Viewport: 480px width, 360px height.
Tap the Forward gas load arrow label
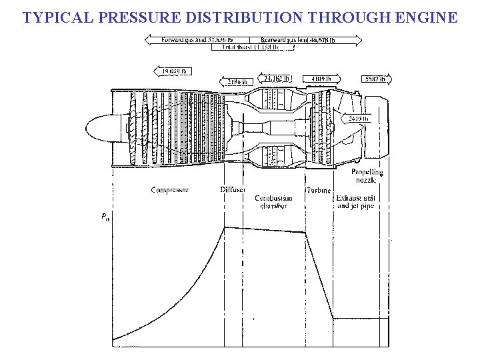[x=198, y=41]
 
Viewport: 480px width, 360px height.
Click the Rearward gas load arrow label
[x=307, y=41]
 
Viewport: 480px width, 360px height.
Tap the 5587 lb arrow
[x=373, y=79]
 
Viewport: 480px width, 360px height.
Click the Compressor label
[x=170, y=190]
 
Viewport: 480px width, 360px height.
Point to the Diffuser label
[x=232, y=190]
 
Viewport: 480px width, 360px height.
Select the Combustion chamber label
[x=273, y=202]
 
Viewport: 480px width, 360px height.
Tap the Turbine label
[x=318, y=190]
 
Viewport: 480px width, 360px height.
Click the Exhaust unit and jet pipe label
[x=355, y=202]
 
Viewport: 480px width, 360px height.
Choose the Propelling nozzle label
[x=368, y=176]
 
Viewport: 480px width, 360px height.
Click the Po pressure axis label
[x=105, y=216]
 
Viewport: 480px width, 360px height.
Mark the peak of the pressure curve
[x=225, y=227]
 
